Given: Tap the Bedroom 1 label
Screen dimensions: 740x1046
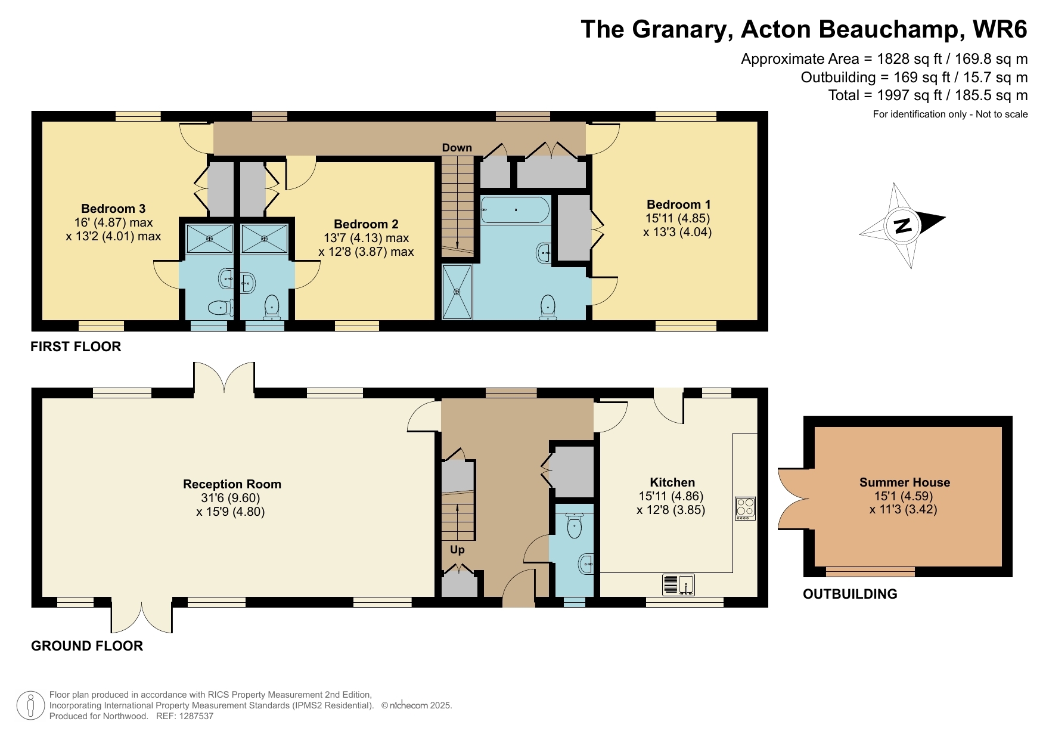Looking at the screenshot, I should (678, 205).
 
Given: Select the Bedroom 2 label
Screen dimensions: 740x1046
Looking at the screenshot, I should (366, 224).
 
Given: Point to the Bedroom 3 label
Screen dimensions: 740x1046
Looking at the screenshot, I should (113, 209).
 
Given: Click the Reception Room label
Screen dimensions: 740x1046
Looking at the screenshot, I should (232, 484).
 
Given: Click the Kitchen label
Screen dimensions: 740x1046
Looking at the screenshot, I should (672, 482).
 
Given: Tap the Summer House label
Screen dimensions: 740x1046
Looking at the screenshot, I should (904, 482).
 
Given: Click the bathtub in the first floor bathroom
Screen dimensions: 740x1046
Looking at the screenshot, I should (515, 210).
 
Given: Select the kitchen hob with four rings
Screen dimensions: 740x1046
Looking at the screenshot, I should (745, 508).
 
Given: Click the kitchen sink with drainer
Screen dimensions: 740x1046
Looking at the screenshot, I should (678, 584).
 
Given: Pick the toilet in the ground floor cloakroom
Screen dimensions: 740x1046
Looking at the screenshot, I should (574, 525).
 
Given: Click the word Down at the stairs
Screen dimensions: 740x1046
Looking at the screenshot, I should (457, 148).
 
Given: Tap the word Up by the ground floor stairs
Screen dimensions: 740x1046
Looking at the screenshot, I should (457, 550).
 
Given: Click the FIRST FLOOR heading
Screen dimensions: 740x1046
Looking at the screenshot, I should (76, 346).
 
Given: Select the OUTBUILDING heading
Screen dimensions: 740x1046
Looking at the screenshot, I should (849, 594).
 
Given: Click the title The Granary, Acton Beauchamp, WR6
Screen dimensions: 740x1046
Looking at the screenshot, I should (803, 29).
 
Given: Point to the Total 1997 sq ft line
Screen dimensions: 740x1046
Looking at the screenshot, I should (927, 95).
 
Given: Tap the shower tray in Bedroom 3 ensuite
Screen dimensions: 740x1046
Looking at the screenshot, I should (209, 239).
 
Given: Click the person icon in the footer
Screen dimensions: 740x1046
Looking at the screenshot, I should (30, 705).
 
